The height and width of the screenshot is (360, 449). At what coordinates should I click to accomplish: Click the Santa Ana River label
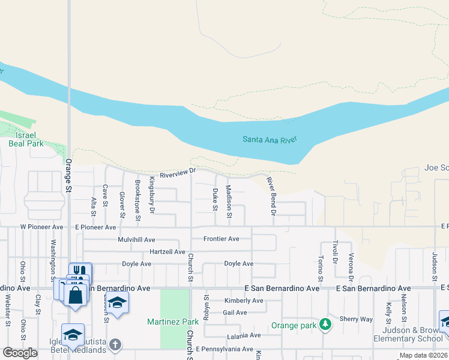tap(270, 140)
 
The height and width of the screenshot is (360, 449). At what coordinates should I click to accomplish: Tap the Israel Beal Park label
tap(26, 140)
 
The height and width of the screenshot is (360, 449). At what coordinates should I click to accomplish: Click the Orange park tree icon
tap(325, 324)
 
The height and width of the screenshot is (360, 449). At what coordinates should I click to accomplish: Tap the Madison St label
tap(229, 197)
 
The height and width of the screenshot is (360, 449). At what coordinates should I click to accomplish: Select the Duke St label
tap(215, 199)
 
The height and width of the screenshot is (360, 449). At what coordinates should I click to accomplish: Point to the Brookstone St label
tap(137, 200)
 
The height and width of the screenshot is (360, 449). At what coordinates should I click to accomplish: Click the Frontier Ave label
tap(221, 239)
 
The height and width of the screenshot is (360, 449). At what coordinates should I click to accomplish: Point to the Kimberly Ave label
tap(244, 301)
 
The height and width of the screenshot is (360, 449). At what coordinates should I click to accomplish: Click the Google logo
tap(20, 353)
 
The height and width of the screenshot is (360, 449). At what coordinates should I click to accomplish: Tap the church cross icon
tap(115, 345)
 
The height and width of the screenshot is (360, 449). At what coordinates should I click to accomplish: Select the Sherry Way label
tap(356, 319)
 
